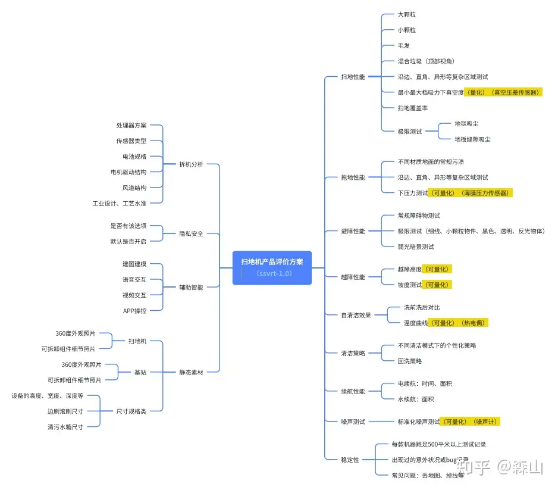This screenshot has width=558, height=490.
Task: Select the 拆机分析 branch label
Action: [191, 164]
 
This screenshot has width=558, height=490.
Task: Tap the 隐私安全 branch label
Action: [191, 233]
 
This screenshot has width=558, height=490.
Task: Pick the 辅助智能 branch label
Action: [191, 287]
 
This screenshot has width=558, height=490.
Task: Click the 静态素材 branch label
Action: [191, 372]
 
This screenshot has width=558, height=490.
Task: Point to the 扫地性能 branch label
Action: [353, 77]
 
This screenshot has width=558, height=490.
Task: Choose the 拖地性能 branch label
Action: [353, 177]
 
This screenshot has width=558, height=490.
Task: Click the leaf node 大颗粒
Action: [407, 14]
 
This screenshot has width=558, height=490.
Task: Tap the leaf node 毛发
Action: [403, 45]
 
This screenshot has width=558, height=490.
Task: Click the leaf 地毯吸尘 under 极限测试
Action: [466, 124]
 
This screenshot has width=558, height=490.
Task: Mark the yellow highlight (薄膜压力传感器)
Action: [484, 193]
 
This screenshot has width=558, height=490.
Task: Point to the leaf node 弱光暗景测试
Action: [416, 246]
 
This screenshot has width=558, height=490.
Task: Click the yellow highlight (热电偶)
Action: [473, 323]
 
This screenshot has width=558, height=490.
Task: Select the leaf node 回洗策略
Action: [410, 361]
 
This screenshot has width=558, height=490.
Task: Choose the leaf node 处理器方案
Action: [131, 126]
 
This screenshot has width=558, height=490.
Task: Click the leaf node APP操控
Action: [134, 310]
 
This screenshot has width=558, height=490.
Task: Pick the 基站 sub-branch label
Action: [140, 372]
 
